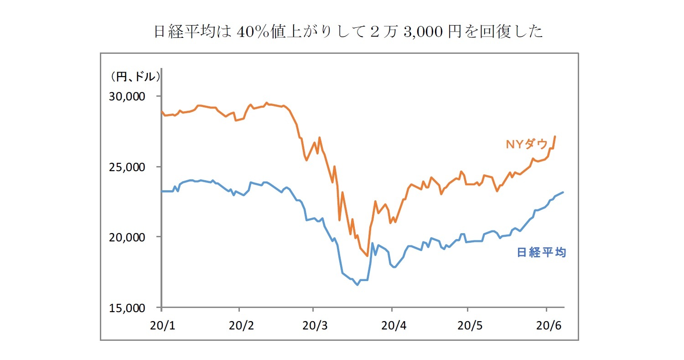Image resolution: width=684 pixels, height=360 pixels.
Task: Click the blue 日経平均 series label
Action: tap(541, 252)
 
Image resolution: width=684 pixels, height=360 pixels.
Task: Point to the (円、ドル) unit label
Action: tap(134, 77)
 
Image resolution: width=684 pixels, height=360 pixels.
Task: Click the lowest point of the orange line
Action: tap(367, 256)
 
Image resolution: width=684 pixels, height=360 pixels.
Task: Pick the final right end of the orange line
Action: tap(555, 136)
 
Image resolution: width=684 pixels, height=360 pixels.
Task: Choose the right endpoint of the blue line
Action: tap(564, 192)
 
